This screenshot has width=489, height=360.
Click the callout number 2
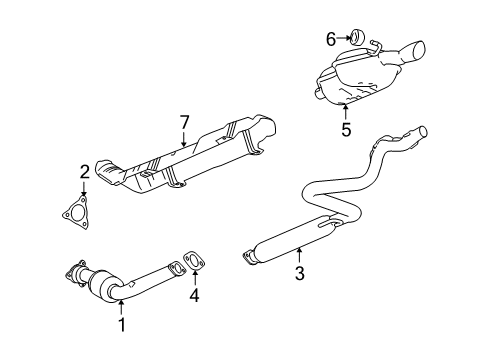[85, 171]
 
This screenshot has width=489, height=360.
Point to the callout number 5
[347, 128]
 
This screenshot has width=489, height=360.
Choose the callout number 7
[184, 122]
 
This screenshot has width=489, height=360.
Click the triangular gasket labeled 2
[71, 213]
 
